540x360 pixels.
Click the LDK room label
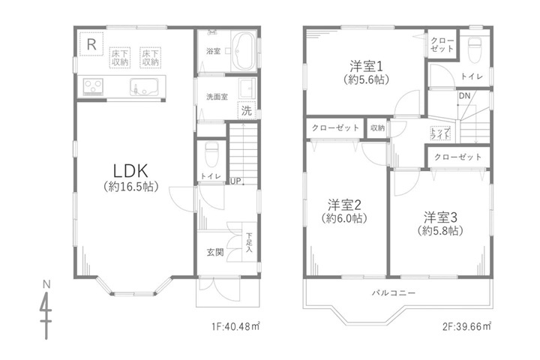(x=130, y=170)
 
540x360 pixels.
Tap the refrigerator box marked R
(x=91, y=43)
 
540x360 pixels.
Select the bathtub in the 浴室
(x=244, y=51)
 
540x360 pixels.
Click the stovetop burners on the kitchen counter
(x=93, y=86)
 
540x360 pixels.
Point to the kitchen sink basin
(x=144, y=87)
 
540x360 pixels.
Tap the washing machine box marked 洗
(x=246, y=110)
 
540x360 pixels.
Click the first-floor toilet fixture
(x=211, y=154)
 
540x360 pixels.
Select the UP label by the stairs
(x=235, y=181)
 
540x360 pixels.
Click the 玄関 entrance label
(x=215, y=252)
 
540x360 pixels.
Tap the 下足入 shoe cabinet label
(x=249, y=242)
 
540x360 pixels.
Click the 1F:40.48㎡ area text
(x=235, y=325)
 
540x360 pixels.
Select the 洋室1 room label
(x=366, y=66)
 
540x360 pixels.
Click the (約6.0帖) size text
(x=344, y=218)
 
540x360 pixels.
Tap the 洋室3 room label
(x=440, y=217)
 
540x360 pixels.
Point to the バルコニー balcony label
(x=394, y=293)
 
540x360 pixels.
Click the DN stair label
(x=464, y=96)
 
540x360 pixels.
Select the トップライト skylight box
(x=440, y=133)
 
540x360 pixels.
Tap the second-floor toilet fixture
(x=475, y=50)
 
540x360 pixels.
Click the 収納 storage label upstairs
(x=377, y=127)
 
